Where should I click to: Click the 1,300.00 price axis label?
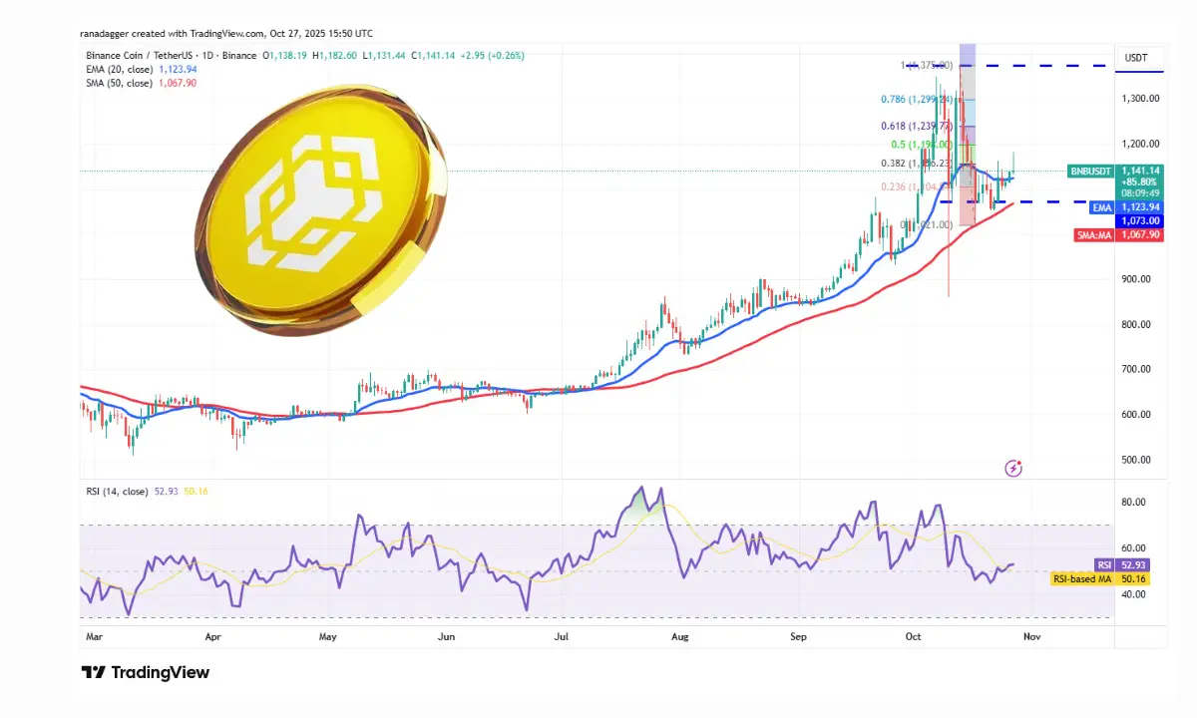pyautogui.click(x=1138, y=99)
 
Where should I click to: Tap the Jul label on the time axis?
pyautogui.click(x=562, y=634)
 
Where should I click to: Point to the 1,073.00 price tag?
pyautogui.click(x=1138, y=220)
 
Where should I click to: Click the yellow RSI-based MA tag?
pyautogui.click(x=1082, y=578)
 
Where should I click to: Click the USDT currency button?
pyautogui.click(x=1137, y=58)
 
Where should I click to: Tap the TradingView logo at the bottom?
pyautogui.click(x=146, y=672)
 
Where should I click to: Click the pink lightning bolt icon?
pyautogui.click(x=1013, y=468)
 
